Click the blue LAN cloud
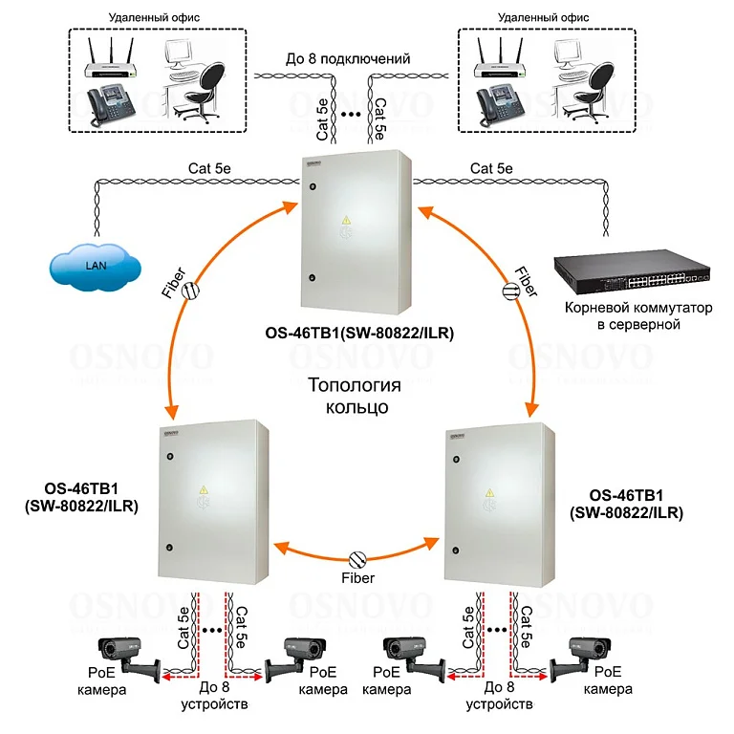pyautogui.click(x=96, y=266)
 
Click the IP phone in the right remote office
pyautogui.click(x=500, y=105)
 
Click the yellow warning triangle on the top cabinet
pyautogui.click(x=346, y=220)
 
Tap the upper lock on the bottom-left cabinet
pyautogui.click(x=170, y=457)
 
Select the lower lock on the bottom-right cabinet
pyautogui.click(x=456, y=550)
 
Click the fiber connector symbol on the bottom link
pyautogui.click(x=357, y=559)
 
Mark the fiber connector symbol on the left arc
pyautogui.click(x=190, y=291)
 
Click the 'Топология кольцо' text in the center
pyautogui.click(x=356, y=396)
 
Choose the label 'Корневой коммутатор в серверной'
pyautogui.click(x=638, y=316)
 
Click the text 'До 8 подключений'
pyautogui.click(x=348, y=59)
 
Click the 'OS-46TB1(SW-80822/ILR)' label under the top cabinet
pyautogui.click(x=359, y=334)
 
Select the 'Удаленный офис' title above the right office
pyautogui.click(x=543, y=18)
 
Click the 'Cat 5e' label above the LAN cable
pyautogui.click(x=209, y=168)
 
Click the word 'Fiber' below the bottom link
pyautogui.click(x=357, y=578)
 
